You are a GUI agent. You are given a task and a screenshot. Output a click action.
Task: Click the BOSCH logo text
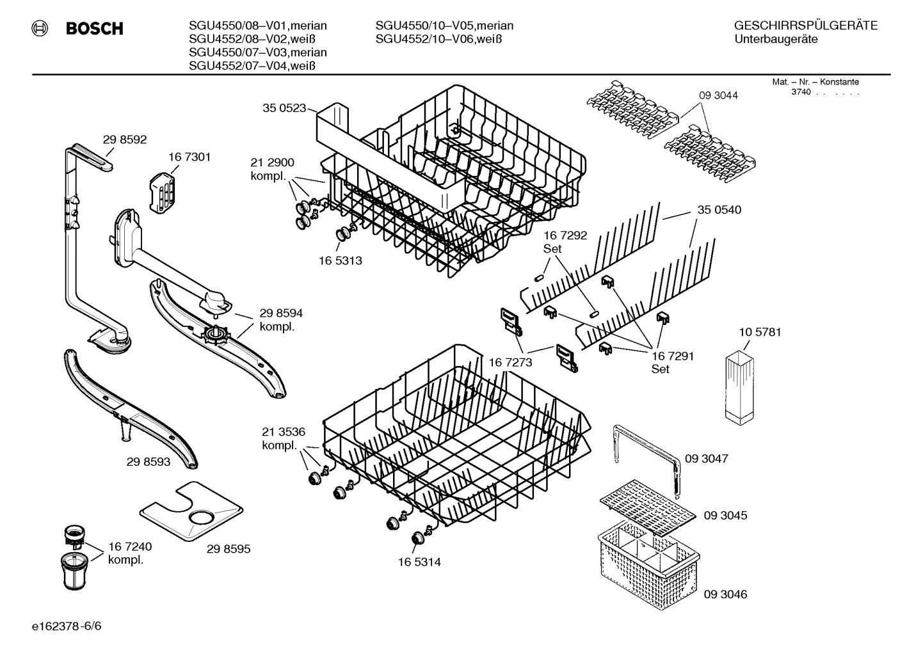[94, 29]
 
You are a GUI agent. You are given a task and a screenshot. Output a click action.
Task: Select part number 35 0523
[284, 108]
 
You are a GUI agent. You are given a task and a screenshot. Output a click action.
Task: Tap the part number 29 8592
[125, 139]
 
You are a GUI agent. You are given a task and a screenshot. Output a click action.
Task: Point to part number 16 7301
[189, 157]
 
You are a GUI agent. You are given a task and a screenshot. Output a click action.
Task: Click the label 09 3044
[718, 95]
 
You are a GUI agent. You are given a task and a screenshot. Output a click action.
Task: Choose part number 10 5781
[760, 332]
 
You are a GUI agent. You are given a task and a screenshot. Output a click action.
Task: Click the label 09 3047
[706, 459]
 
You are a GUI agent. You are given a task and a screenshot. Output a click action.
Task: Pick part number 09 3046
[725, 594]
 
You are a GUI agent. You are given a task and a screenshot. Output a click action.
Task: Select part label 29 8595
[229, 549]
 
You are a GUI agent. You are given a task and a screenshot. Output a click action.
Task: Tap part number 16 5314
[419, 562]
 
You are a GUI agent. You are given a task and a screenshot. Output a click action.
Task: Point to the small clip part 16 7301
[162, 191]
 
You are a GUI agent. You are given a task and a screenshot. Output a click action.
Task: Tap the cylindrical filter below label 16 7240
[77, 571]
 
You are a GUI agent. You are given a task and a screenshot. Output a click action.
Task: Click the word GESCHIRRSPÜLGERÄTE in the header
[806, 26]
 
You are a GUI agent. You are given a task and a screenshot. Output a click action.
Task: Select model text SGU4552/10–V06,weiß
[438, 39]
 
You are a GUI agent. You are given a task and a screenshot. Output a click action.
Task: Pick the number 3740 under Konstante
[800, 92]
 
